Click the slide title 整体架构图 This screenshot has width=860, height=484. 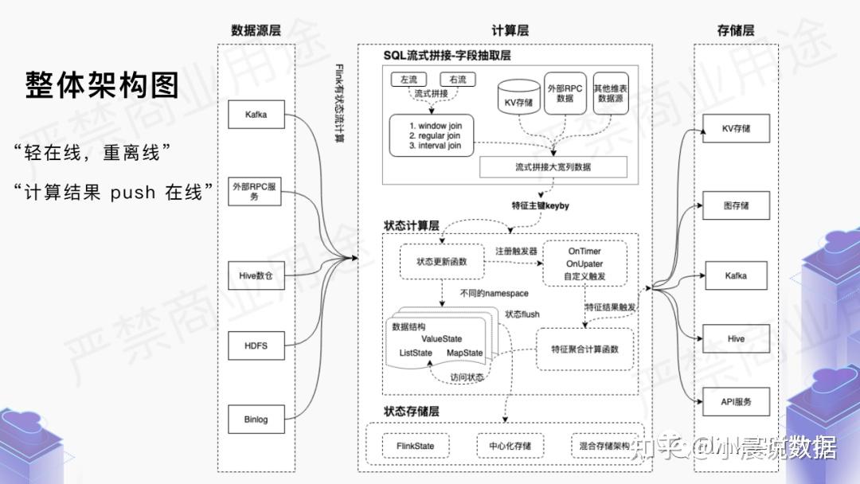coord(103,84)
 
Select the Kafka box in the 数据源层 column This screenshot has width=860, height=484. coord(255,115)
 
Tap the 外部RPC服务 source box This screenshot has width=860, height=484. coord(255,191)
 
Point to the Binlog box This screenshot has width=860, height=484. coord(255,420)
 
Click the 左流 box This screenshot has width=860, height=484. coord(409,80)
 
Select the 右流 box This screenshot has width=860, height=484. coord(457,80)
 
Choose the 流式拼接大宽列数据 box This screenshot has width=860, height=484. coord(553,167)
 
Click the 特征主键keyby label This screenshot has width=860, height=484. coord(541,205)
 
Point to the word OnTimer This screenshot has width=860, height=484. coord(584,252)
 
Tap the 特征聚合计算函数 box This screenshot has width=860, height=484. coord(584,349)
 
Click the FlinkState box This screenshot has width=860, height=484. coord(415,446)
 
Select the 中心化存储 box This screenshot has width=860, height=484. coord(510,446)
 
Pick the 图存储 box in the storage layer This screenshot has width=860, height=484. coord(736,206)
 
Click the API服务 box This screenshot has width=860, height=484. coord(736,401)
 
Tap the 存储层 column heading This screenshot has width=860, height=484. coord(735,31)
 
